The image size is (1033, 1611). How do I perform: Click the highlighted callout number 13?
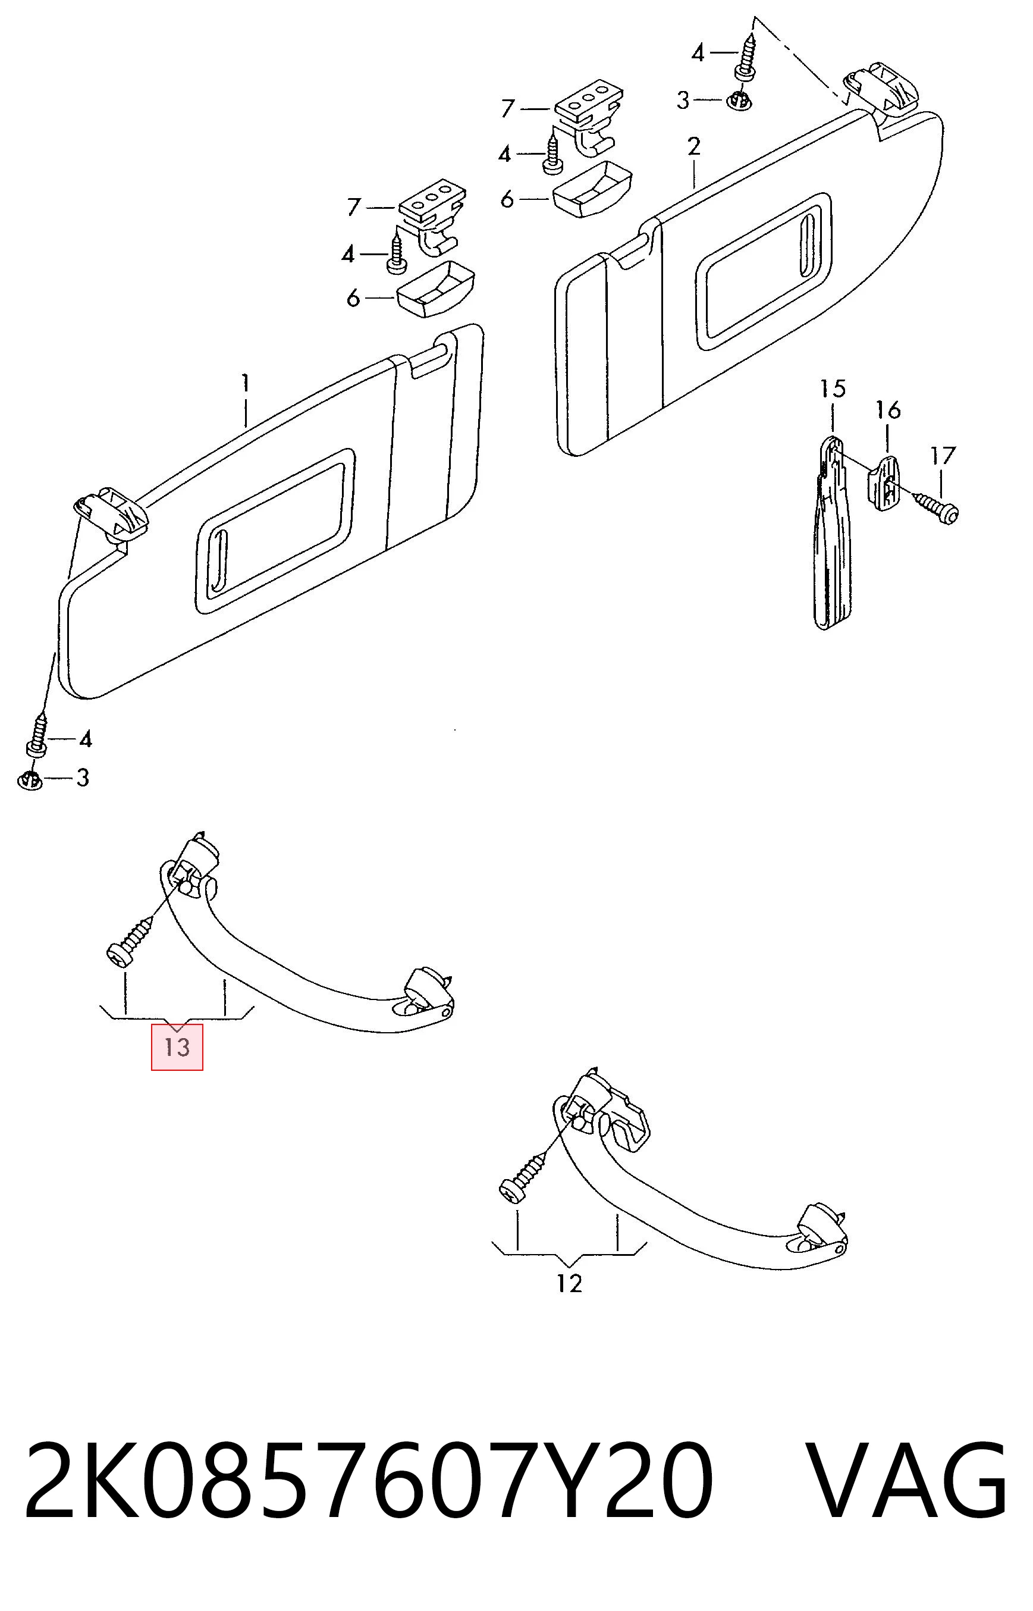[177, 1046]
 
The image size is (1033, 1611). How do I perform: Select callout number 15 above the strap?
[833, 390]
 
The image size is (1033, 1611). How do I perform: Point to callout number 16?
[888, 410]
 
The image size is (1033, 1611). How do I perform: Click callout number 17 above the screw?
[943, 456]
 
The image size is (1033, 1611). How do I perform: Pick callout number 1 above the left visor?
[246, 384]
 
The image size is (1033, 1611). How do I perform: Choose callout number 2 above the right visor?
[693, 146]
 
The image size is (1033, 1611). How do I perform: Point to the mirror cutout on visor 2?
[764, 272]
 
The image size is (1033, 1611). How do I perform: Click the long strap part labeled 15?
[833, 534]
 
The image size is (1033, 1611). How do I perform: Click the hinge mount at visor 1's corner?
[111, 513]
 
